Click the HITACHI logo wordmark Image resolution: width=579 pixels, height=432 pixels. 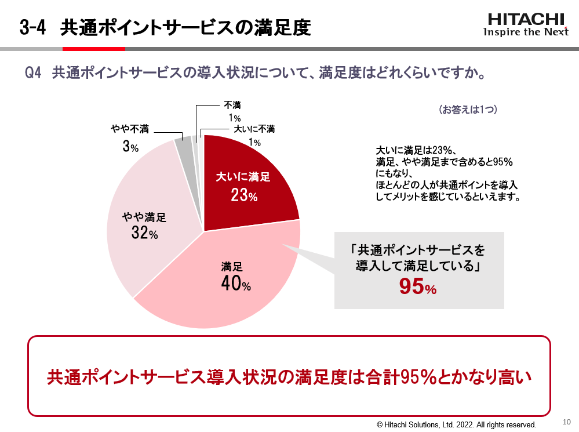tap(526, 19)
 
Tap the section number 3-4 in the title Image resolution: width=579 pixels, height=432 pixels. tap(33, 27)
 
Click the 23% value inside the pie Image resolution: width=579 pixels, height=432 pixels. tap(243, 196)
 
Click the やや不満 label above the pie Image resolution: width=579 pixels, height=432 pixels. tap(130, 129)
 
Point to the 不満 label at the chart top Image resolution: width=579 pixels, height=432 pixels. tap(232, 106)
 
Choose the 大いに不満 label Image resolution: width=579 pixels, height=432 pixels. tap(254, 129)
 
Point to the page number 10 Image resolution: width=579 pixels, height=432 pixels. tap(566, 421)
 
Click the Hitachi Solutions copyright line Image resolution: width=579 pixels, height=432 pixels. tap(457, 424)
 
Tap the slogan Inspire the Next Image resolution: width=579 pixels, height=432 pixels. tap(526, 32)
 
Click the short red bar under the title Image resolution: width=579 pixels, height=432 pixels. tap(93, 49)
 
